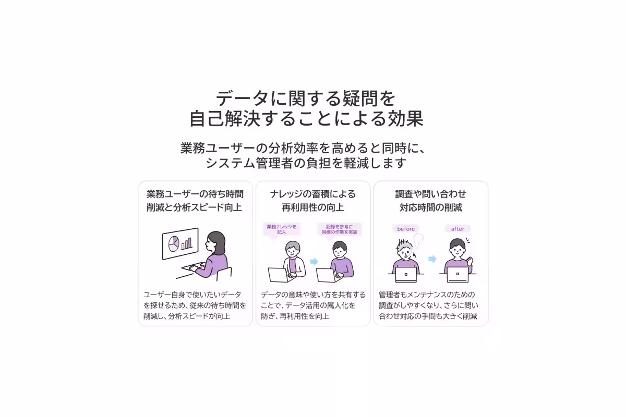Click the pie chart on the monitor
173,242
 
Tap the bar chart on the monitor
186,243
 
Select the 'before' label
406,229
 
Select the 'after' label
458,229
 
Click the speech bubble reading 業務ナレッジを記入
281,229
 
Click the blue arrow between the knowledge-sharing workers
314,261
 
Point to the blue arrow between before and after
432,259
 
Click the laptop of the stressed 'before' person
406,274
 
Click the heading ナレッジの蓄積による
313,194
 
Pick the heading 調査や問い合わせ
431,194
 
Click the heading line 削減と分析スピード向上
195,207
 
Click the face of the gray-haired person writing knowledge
293,252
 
